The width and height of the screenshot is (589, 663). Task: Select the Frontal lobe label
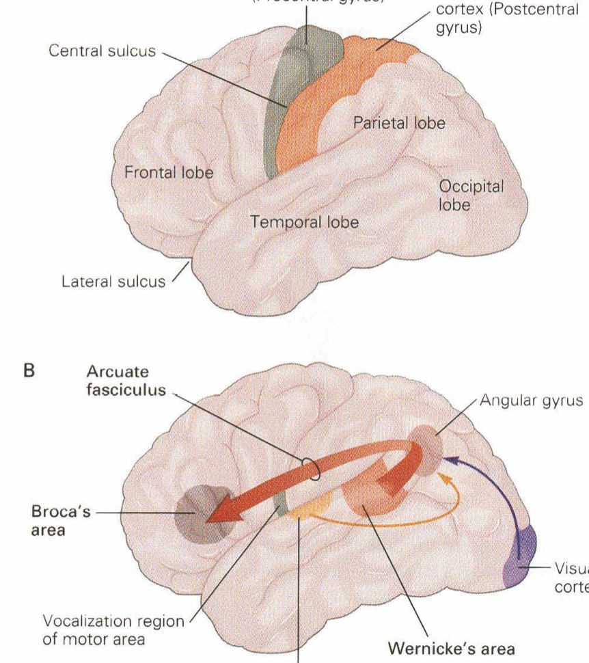169,173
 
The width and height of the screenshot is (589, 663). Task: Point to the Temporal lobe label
305,222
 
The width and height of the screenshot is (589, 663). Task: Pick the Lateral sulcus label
113,281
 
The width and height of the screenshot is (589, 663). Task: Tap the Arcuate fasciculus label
126,381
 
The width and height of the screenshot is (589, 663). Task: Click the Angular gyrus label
532,401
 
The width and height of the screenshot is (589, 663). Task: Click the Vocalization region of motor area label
113,631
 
